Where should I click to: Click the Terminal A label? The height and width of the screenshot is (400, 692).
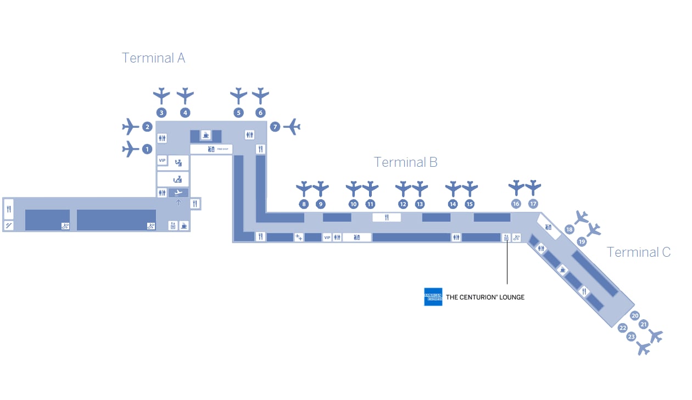[153, 58]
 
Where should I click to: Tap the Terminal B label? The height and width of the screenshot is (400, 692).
[405, 162]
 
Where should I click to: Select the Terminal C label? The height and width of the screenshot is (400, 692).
[639, 252]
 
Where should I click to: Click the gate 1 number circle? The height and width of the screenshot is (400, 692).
[147, 149]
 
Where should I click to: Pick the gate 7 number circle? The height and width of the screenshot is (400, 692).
[275, 127]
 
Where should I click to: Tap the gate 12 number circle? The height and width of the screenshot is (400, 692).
[403, 204]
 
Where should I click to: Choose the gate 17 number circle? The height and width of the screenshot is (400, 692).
[533, 204]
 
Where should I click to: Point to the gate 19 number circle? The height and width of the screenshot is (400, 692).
[582, 241]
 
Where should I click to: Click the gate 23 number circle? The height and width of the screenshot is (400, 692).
[632, 336]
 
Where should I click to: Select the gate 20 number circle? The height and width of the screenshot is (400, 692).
[635, 316]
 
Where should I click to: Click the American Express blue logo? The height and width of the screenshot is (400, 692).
[433, 297]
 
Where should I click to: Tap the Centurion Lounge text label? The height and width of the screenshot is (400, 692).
[484, 297]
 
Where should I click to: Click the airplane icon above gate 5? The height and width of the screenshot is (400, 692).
[238, 95]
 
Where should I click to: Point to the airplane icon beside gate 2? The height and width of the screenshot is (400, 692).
[130, 127]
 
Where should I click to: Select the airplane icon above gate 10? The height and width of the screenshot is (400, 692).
[354, 189]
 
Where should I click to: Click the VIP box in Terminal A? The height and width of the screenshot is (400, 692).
[162, 160]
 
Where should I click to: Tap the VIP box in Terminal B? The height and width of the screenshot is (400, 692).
[327, 238]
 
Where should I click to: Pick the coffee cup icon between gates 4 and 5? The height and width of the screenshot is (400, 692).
[205, 135]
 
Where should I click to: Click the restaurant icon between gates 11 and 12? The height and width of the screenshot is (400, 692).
[387, 217]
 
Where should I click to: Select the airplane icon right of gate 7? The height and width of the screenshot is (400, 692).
[292, 127]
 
